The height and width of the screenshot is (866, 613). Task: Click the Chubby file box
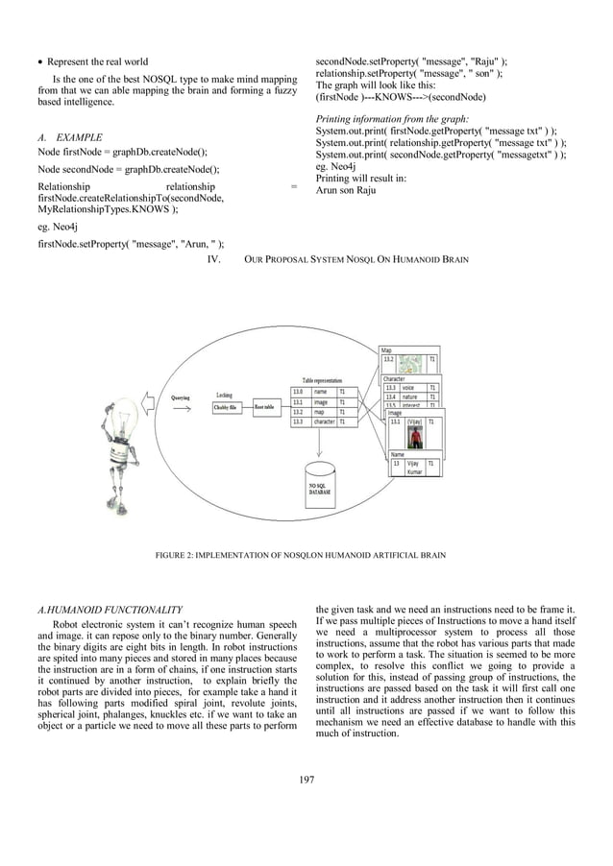tap(228, 407)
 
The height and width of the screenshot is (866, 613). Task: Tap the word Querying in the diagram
tap(180, 397)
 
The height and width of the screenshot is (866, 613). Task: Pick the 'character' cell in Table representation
tap(324, 421)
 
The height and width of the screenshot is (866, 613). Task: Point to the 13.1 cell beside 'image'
tap(298, 402)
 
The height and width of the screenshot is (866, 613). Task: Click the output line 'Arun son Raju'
tap(346, 190)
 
